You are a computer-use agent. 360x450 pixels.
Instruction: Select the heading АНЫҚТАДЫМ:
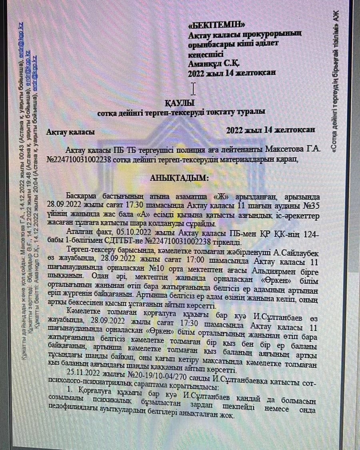[179, 178]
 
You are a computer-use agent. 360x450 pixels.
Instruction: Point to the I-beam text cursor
[194, 88]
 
